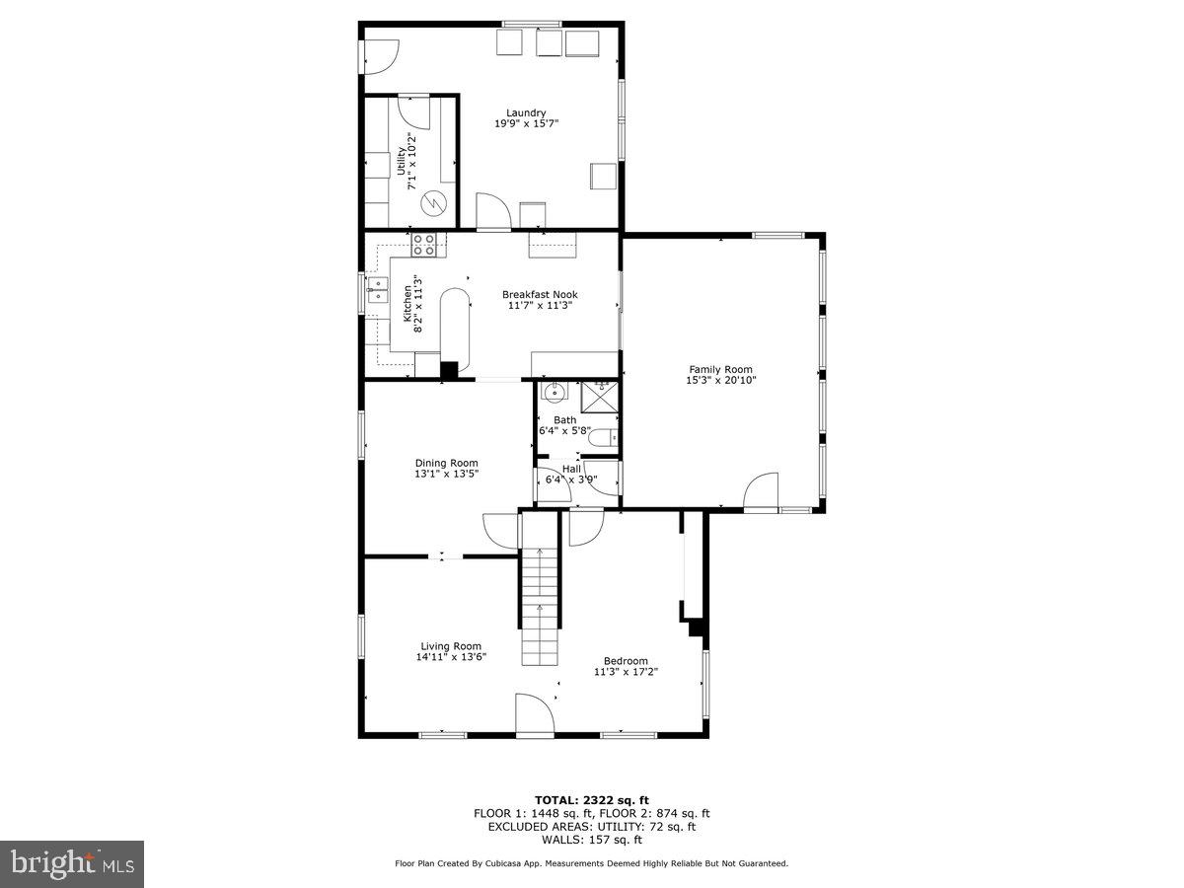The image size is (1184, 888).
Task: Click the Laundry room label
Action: [x=526, y=112]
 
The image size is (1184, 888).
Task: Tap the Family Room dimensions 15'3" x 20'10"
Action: [x=721, y=381]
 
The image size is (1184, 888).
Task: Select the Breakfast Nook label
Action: [x=540, y=294]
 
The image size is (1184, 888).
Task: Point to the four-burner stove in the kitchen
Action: [x=424, y=243]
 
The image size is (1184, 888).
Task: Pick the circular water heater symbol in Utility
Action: [x=432, y=203]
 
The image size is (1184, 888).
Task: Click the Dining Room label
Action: [x=446, y=463]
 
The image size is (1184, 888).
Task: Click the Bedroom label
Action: [x=626, y=661]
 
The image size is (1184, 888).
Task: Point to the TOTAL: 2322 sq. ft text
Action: [x=591, y=800]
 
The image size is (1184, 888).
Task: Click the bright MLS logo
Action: [x=72, y=864]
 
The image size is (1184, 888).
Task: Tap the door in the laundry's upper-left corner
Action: [x=381, y=55]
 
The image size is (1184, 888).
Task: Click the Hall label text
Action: [x=571, y=469]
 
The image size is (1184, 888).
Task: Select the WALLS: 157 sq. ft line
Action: [x=591, y=840]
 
